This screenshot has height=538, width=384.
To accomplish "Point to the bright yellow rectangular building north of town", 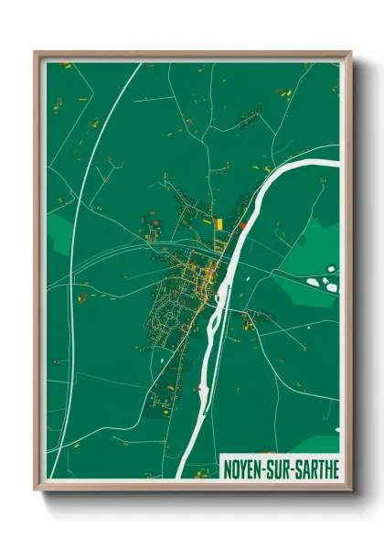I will pyautogui.click(x=219, y=222).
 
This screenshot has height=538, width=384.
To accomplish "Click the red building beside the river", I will pyautogui.click(x=242, y=224).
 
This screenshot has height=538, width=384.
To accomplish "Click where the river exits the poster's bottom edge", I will pyautogui.click(x=180, y=479).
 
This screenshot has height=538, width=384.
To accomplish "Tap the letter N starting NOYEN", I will pyautogui.click(x=229, y=468).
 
